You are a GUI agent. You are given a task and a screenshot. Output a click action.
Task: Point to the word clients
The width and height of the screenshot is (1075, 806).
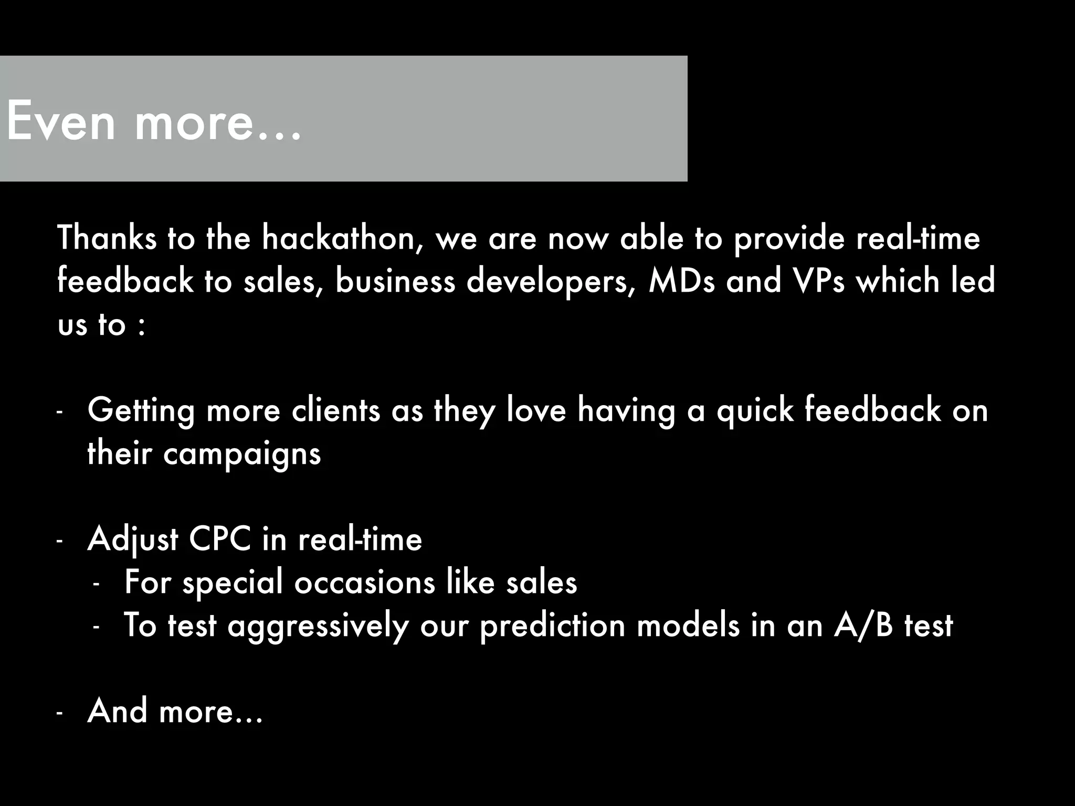tap(335, 410)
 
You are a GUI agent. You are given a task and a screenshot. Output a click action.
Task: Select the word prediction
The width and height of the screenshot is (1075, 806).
tap(552, 626)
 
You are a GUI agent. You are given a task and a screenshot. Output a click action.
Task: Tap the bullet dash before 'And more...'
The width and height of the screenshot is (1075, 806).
tap(59, 713)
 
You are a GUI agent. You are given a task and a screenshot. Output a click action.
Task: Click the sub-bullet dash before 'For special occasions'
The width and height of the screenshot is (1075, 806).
tap(96, 585)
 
